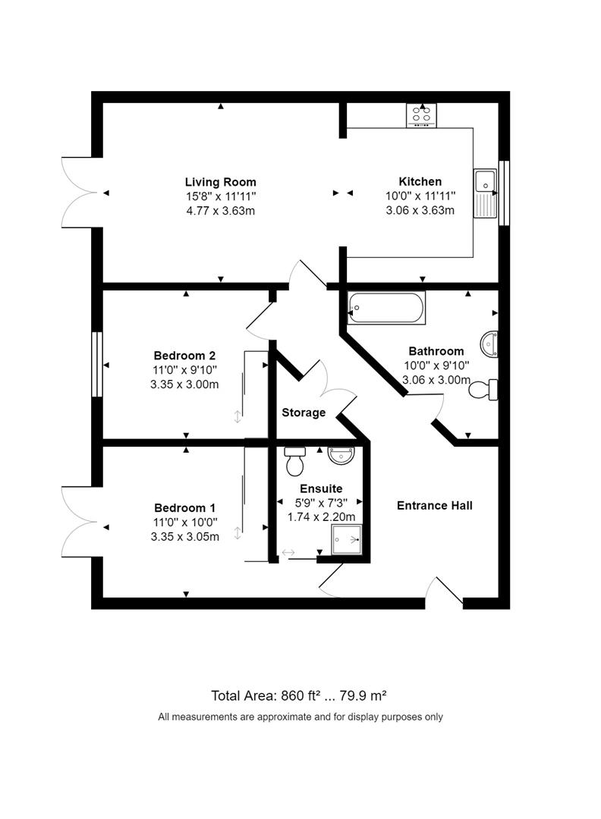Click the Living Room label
220,182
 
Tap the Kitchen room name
420,181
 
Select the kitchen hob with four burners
422,115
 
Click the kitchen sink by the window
484,191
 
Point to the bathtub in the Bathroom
385,308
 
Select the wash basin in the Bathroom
489,343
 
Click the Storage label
304,413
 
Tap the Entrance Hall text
434,505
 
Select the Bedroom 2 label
185,356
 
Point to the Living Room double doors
80,193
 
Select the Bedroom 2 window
96,364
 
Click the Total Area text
300,695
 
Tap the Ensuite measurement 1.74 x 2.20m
320,516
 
